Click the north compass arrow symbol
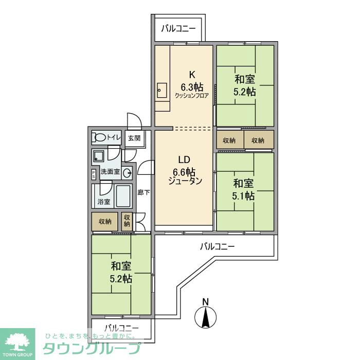tap(205, 315)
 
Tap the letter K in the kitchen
tap(191, 73)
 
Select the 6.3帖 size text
tap(191, 86)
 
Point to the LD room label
tap(185, 159)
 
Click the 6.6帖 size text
tap(185, 171)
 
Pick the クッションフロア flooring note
tap(192, 96)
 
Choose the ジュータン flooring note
tap(185, 181)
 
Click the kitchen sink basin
tap(161, 92)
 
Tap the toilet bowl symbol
tap(100, 137)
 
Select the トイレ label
tap(114, 137)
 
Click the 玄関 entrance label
tap(134, 138)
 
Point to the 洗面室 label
tap(110, 172)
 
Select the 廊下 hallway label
tap(144, 193)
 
